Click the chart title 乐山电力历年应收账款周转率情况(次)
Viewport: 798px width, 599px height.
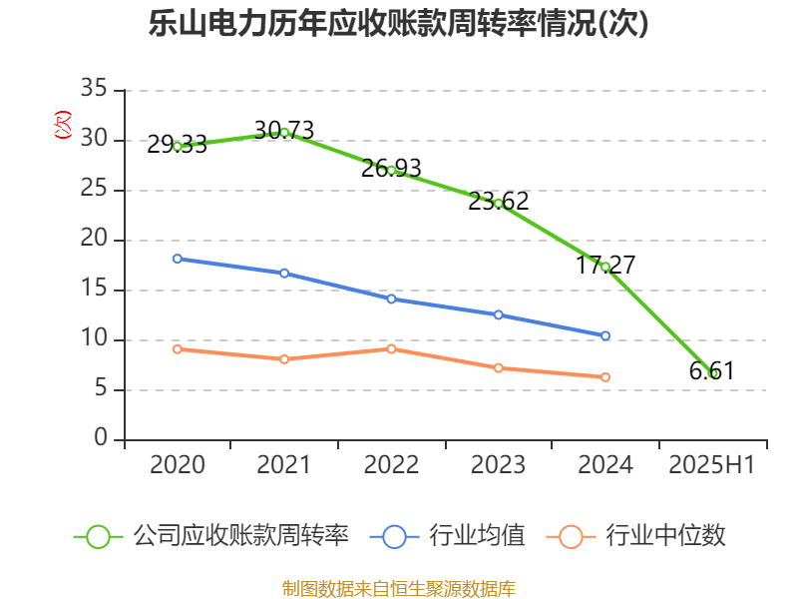(x=399, y=24)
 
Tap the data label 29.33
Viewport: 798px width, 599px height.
(x=177, y=145)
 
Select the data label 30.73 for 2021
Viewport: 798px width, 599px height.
(x=284, y=130)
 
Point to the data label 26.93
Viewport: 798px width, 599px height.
(x=391, y=168)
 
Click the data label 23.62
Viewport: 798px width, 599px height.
(x=499, y=202)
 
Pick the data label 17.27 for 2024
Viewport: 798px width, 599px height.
(x=605, y=266)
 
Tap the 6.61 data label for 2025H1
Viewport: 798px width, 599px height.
(x=711, y=371)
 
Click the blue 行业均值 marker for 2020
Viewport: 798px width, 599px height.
(x=178, y=259)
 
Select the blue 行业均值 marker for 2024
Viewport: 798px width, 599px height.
(x=605, y=335)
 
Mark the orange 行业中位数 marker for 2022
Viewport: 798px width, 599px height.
(x=391, y=348)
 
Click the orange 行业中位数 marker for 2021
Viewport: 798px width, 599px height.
(x=284, y=359)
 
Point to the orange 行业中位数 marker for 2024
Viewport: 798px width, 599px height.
(x=605, y=377)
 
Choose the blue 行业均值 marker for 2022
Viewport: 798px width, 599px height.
(x=391, y=299)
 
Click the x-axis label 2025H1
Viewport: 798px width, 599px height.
(x=711, y=465)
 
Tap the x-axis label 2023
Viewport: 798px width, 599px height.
(x=499, y=465)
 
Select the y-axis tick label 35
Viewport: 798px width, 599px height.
(x=94, y=90)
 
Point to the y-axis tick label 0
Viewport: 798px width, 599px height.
(x=101, y=439)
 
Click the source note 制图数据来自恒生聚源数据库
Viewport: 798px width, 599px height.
(x=399, y=588)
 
